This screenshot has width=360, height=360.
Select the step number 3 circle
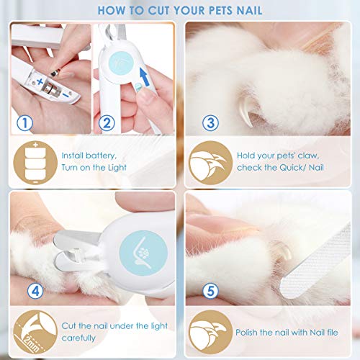[x=211, y=123]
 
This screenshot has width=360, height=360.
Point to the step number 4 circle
[x=27, y=292]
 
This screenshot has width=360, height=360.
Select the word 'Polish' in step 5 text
[x=252, y=331]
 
